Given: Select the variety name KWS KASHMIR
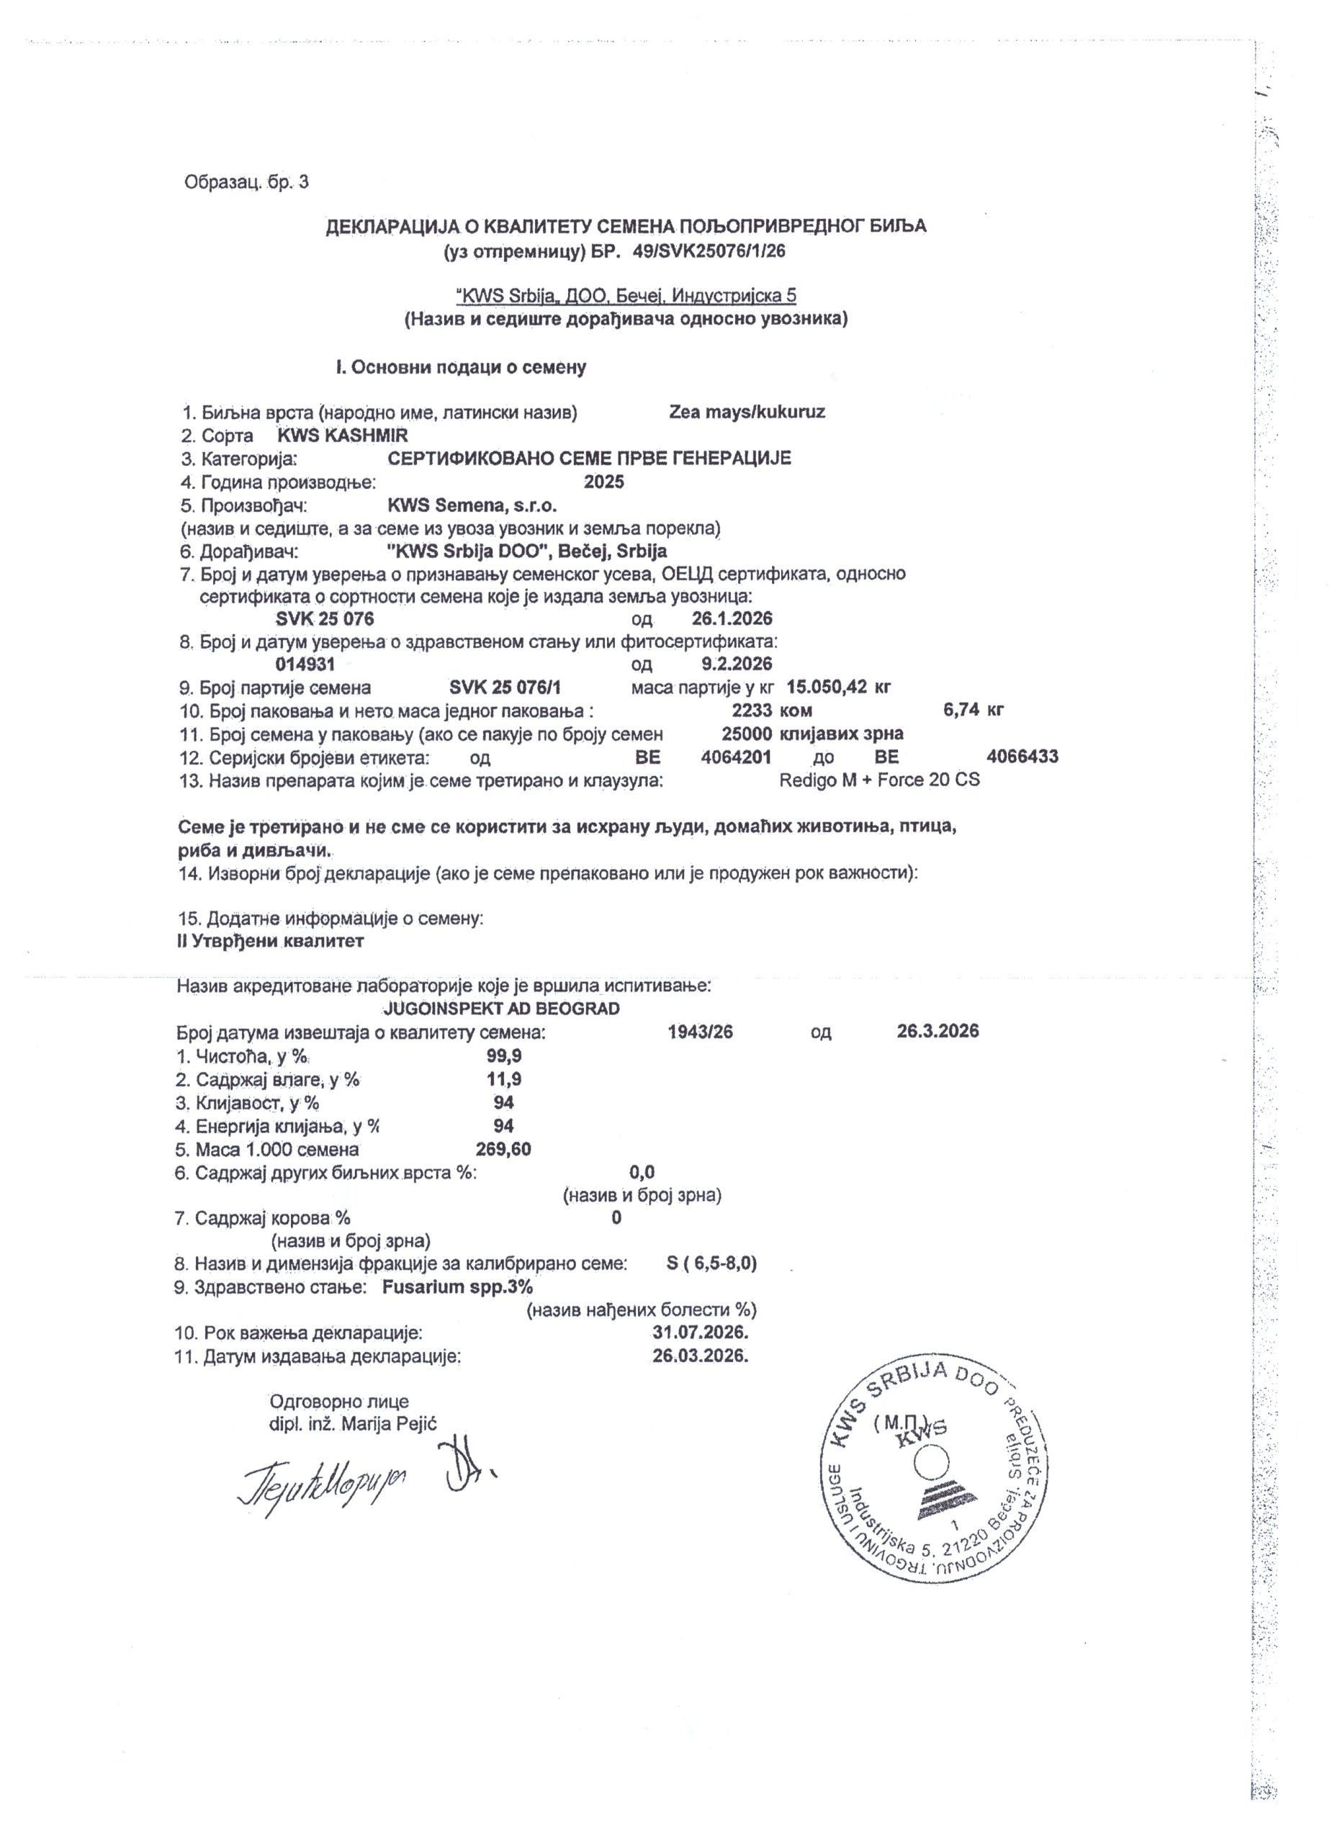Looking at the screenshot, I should click(x=342, y=435).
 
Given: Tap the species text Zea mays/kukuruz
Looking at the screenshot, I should click(x=747, y=411).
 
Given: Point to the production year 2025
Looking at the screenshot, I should click(x=604, y=482).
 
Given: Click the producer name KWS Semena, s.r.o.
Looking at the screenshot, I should click(x=472, y=505).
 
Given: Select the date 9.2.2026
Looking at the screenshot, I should click(x=737, y=664).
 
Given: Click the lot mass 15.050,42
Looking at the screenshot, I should click(x=827, y=687).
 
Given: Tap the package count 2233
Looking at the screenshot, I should click(x=752, y=711).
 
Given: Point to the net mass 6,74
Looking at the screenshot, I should click(x=961, y=711).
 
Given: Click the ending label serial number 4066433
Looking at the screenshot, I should click(x=1022, y=757).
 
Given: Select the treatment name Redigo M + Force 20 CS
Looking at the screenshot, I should click(x=879, y=780).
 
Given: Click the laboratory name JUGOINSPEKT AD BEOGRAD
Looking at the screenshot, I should click(x=500, y=1009).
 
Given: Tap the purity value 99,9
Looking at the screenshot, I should click(x=504, y=1055).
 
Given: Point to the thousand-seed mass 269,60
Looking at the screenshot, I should click(x=504, y=1149).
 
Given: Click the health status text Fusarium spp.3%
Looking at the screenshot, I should click(x=457, y=1287).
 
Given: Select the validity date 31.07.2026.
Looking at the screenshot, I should click(x=700, y=1333).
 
